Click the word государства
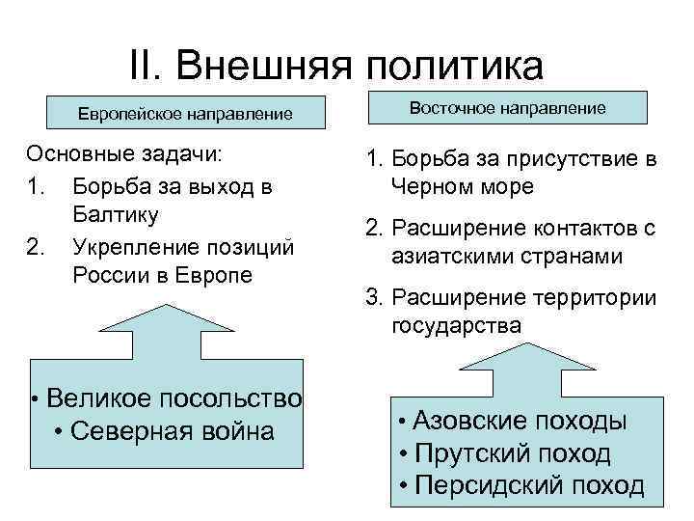pyautogui.click(x=457, y=326)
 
